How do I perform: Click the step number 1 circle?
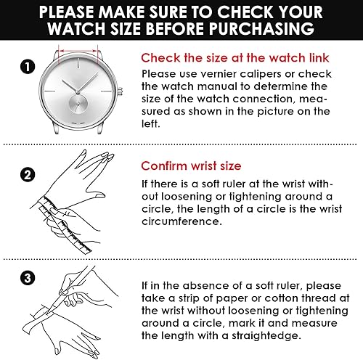coord(28,67)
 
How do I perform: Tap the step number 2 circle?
coord(28,175)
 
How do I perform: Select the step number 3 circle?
coord(28,278)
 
